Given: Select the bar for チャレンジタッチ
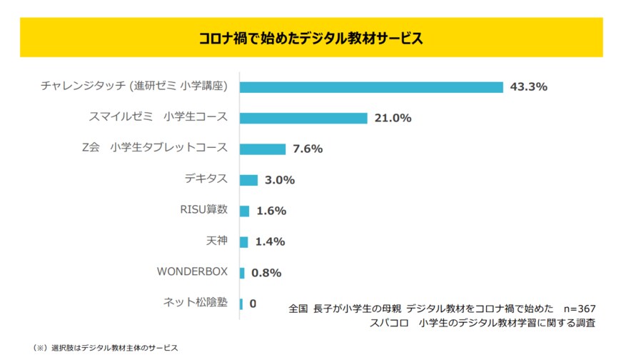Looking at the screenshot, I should pos(371,87).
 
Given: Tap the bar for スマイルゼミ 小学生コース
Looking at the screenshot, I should pos(303,118).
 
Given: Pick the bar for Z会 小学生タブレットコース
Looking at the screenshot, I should pos(263,149).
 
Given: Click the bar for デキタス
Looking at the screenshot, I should pos(248,180).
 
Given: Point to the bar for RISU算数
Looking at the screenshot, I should pos(244,211).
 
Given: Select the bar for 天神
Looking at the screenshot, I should pos(244,241).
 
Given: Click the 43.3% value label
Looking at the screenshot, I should pos(528,87).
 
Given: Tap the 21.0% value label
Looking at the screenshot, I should pos(393,118).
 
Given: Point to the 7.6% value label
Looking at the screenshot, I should pos(308,149).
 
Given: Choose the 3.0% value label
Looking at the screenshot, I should pos(280,180).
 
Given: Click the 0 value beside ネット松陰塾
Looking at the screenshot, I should pos(253,304).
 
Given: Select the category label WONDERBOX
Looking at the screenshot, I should pos(192,271).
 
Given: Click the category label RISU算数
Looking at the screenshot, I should pos(204,210).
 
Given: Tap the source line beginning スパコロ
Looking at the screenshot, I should pos(483,323).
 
